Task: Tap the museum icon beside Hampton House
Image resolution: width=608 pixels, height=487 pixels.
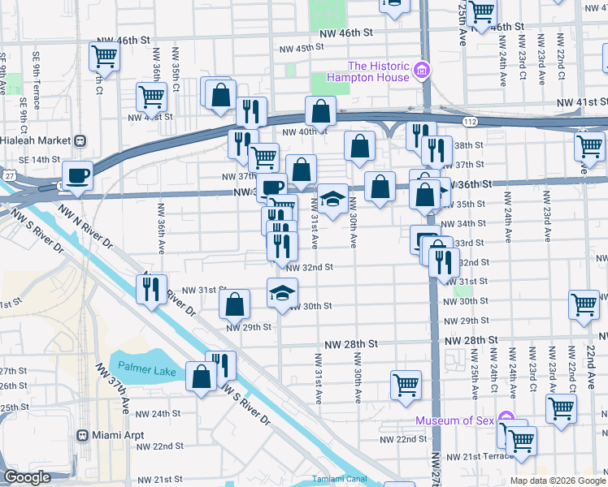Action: click(x=421, y=71)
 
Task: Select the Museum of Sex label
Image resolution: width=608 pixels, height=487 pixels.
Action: click(x=455, y=420)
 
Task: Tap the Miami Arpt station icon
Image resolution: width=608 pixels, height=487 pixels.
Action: click(x=82, y=434)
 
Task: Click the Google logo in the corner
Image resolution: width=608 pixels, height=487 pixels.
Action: click(x=28, y=477)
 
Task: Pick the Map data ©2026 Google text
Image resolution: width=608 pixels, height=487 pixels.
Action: click(x=557, y=481)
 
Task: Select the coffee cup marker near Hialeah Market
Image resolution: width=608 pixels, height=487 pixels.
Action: click(x=77, y=177)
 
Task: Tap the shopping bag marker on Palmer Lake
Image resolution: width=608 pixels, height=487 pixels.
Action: click(x=201, y=376)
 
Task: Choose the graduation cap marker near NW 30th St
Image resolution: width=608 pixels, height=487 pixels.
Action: click(x=282, y=293)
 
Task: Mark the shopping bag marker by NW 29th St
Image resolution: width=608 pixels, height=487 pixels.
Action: click(x=234, y=304)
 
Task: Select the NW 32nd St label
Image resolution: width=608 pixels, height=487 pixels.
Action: click(x=310, y=266)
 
